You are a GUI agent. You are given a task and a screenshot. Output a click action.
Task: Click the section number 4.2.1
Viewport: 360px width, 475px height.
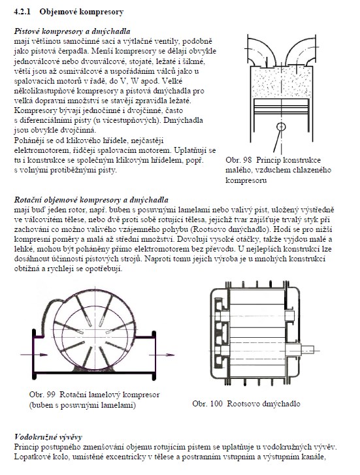pos(23,12)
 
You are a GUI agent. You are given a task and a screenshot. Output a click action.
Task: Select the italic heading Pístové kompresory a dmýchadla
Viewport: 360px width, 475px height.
pos(72,31)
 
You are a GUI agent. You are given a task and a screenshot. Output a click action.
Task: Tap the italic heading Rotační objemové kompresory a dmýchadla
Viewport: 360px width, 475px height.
pos(91,200)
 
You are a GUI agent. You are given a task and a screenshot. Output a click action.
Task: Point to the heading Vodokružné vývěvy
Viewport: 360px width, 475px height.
pos(48,437)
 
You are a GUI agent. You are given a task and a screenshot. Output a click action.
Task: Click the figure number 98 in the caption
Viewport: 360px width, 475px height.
pos(248,160)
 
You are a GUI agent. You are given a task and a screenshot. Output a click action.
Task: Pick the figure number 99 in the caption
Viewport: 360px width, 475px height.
pos(51,395)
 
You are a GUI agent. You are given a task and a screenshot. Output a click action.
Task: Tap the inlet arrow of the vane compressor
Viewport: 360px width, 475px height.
pos(34,354)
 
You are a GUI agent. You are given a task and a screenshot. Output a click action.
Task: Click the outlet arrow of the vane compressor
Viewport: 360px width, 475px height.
pos(162,355)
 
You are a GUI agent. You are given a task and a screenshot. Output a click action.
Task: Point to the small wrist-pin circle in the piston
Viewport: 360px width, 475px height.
pos(282,126)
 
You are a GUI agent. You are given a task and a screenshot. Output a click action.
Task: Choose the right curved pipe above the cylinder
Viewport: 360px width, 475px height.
pos(301,50)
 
